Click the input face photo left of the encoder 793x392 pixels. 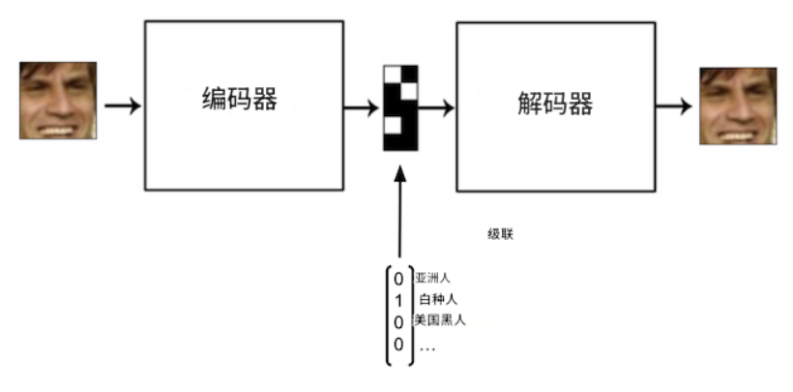(58, 101)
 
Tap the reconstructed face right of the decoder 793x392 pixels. (738, 106)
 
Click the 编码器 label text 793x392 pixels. (239, 99)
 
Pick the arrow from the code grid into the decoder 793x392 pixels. (436, 106)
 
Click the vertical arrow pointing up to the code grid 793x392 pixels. (398, 213)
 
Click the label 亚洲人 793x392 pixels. (432, 279)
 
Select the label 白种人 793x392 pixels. (437, 300)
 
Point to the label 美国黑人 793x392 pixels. (440, 320)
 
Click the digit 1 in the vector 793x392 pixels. (398, 301)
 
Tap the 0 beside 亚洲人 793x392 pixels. (398, 280)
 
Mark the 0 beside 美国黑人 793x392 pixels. (398, 322)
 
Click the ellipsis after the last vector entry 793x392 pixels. (427, 346)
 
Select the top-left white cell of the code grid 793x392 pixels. (392, 73)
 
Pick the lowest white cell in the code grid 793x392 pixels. (392, 125)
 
